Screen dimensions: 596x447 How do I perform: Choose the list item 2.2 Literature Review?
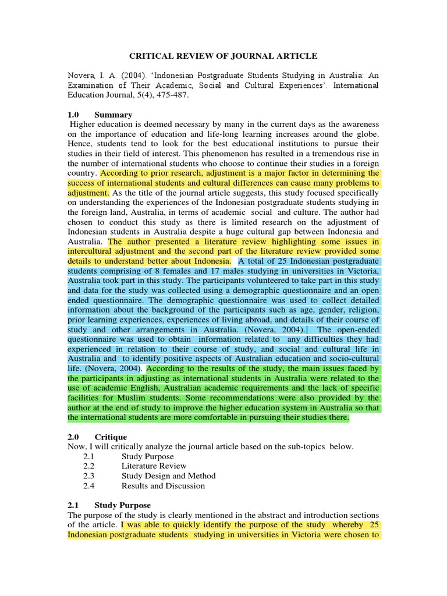154,466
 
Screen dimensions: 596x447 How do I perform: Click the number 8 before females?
177,271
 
